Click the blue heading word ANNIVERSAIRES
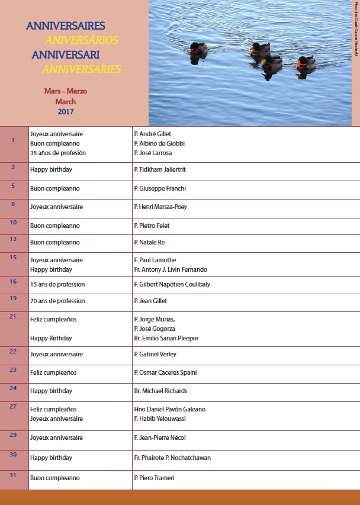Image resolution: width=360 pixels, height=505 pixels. click(x=66, y=26)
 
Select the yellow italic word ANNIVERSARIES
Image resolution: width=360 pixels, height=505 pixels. click(x=82, y=69)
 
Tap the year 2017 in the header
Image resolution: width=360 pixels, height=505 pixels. click(x=66, y=111)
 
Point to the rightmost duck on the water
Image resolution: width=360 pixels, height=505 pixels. click(x=306, y=63)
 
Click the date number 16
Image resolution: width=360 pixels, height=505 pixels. click(x=13, y=282)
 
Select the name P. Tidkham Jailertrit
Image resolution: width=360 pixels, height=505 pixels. click(x=160, y=169)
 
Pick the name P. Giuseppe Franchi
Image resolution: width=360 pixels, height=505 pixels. click(x=160, y=188)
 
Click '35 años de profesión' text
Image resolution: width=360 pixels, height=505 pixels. click(x=58, y=153)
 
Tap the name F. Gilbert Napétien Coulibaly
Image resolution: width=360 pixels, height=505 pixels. click(x=172, y=284)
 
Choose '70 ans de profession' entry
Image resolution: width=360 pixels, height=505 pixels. click(x=57, y=301)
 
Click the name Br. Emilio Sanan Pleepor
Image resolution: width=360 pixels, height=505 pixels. click(x=166, y=338)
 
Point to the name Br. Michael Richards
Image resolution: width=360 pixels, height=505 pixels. click(x=160, y=391)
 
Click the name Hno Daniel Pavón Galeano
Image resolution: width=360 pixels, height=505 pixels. click(x=170, y=409)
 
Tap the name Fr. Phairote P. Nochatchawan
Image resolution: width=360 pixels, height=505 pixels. click(x=172, y=458)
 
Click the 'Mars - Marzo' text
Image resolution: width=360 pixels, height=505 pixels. click(x=66, y=92)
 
